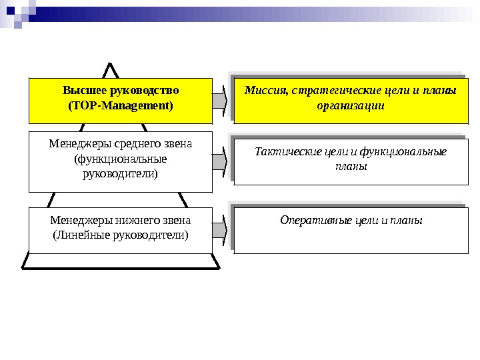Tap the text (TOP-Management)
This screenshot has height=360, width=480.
pos(121,105)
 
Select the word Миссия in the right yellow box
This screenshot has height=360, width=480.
pos(264,91)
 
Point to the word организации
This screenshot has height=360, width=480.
pos(350,106)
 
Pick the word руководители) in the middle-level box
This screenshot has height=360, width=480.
pos(120,174)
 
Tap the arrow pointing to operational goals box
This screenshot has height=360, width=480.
pos(221,229)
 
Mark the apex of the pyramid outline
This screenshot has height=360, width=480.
pos(111,65)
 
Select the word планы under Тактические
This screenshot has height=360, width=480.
pos(350,167)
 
